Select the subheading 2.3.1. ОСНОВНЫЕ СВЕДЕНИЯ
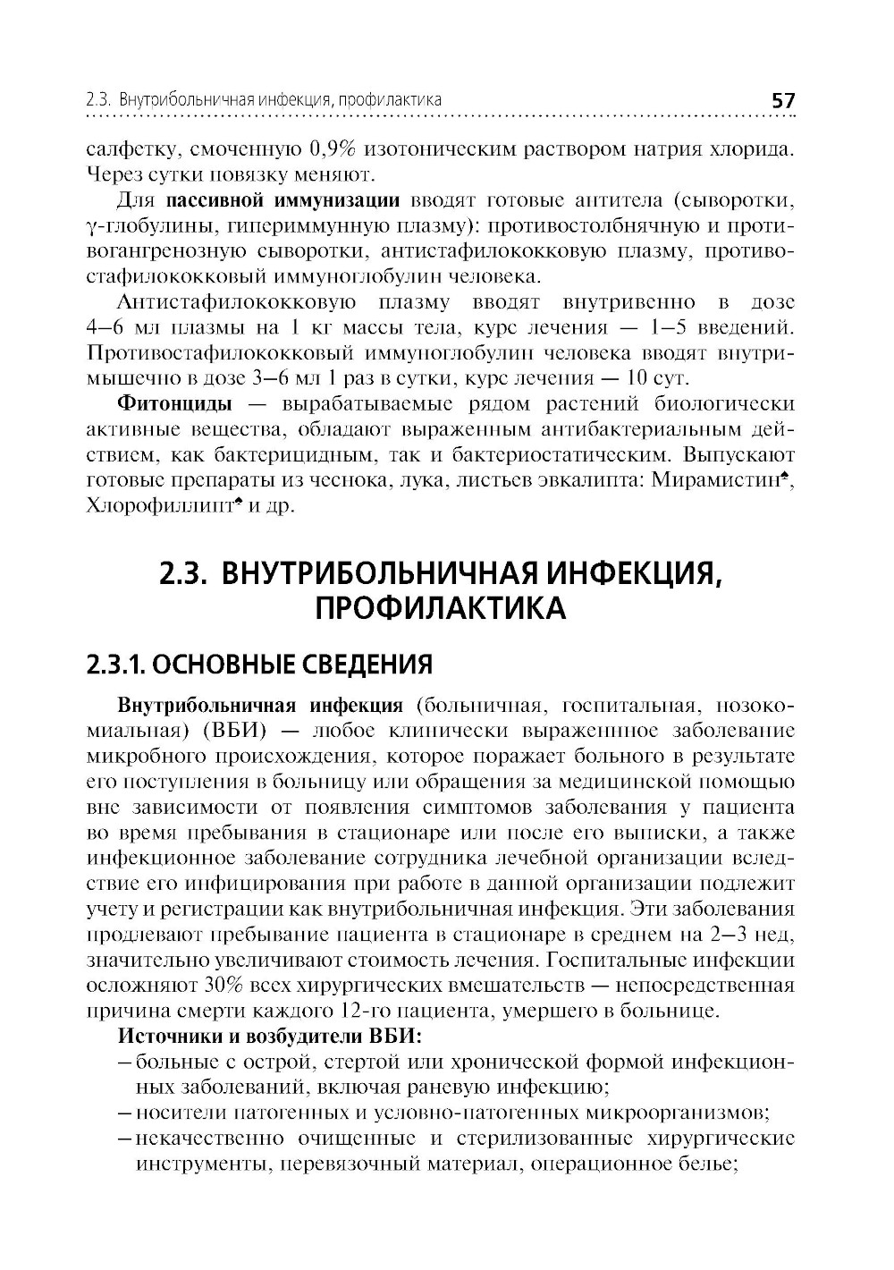click(259, 665)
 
